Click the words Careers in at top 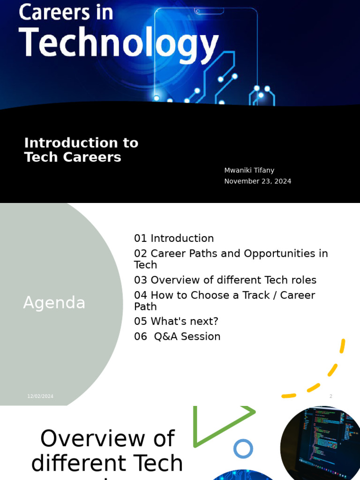66,12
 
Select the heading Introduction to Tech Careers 81,150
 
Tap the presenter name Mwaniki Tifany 249,170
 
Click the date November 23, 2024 257,181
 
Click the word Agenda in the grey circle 54,303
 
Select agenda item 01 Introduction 174,238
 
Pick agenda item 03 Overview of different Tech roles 225,280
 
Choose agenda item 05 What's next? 176,321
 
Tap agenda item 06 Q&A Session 177,336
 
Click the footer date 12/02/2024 40,396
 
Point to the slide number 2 330,396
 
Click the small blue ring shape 243,449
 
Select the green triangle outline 220,424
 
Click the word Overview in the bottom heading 107,439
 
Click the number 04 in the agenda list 141,295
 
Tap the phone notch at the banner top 209,10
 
